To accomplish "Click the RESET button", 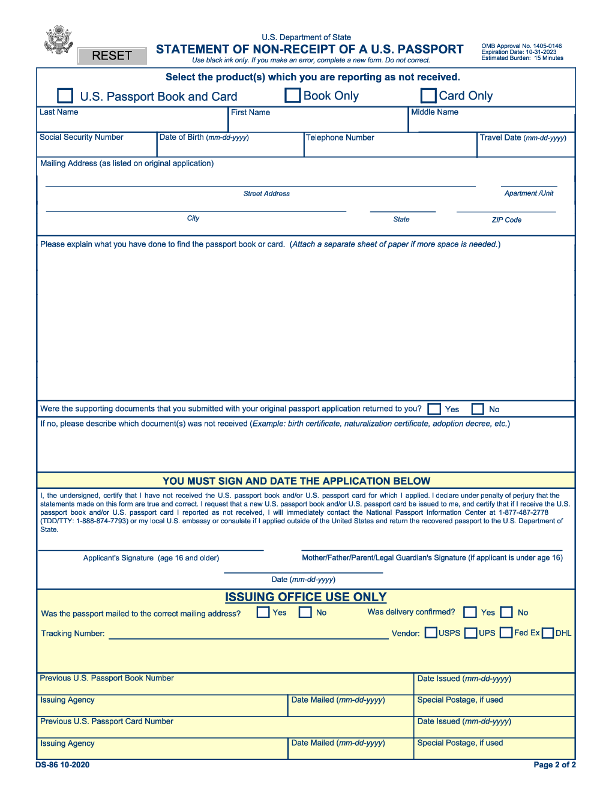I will tap(112, 56).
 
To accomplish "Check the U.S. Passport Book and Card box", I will tap(65, 96).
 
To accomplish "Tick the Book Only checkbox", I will tap(293, 95).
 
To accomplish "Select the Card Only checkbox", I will tap(428, 95).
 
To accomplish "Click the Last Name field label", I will tap(59, 112).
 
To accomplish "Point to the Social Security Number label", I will tap(82, 137).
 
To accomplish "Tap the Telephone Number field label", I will tap(340, 138).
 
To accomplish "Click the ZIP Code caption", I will tap(506, 220).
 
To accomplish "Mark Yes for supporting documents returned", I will tap(434, 409).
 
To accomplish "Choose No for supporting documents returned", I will tap(478, 409).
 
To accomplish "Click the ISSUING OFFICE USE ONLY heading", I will tap(305, 597).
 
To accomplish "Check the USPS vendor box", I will tap(431, 632).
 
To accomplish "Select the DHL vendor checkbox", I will tap(548, 633).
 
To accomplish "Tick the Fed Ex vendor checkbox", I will tap(506, 632).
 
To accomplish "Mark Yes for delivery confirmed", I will tap(470, 612).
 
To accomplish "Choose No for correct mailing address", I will tap(305, 612).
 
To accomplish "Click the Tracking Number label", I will tap(73, 634).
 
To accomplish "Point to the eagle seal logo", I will tap(58, 40).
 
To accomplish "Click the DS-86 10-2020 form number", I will tap(62, 765).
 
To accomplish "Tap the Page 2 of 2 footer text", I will tap(554, 765).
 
